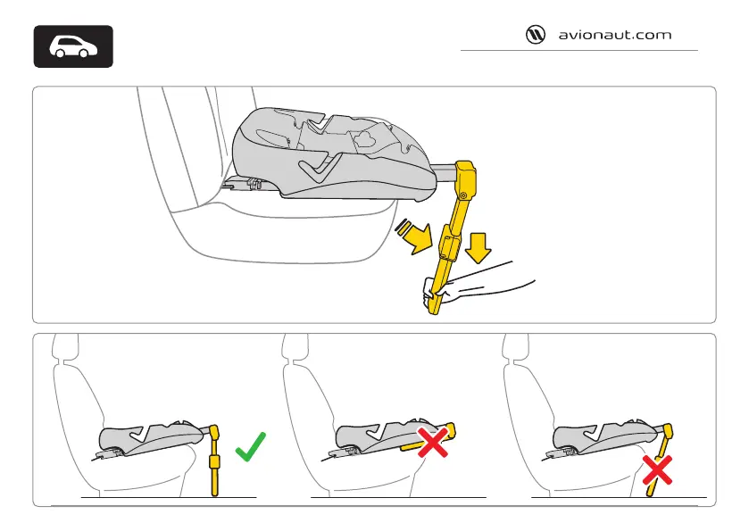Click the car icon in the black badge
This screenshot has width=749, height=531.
(x=73, y=46)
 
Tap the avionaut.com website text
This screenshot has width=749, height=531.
(x=614, y=36)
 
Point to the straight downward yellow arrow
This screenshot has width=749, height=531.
(x=479, y=247)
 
